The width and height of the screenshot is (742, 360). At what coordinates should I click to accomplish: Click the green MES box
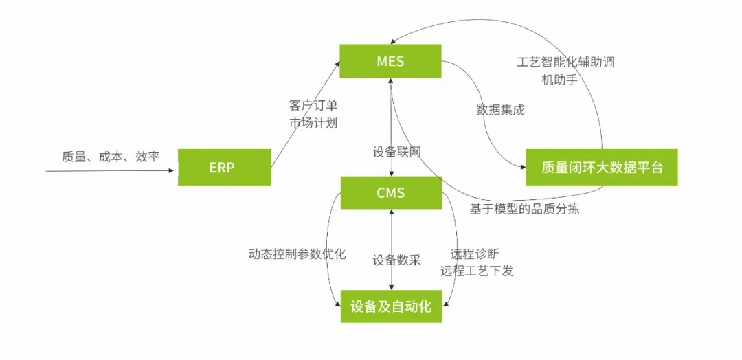[x=390, y=61]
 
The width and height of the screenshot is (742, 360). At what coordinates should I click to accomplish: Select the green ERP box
[x=224, y=167]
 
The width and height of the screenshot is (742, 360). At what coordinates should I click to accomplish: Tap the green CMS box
[x=391, y=192]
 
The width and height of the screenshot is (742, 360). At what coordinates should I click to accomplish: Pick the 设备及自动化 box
[x=391, y=306]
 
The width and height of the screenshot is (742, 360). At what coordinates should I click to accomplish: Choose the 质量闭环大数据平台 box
[x=601, y=167]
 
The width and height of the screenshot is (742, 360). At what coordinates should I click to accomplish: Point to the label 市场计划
[x=313, y=124]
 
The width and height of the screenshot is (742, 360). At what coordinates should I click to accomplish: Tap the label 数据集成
[x=500, y=109]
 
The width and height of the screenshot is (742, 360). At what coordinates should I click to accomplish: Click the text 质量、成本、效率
[x=111, y=157]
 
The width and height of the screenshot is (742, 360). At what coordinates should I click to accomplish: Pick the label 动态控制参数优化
[x=297, y=254]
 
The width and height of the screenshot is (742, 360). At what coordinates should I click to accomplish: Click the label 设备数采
[x=396, y=260]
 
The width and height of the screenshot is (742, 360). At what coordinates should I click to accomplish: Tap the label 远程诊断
[x=475, y=254]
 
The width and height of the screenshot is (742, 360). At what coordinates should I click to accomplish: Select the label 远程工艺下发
[x=477, y=271]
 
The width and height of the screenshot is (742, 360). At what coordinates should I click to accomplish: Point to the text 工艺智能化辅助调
[x=565, y=62]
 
